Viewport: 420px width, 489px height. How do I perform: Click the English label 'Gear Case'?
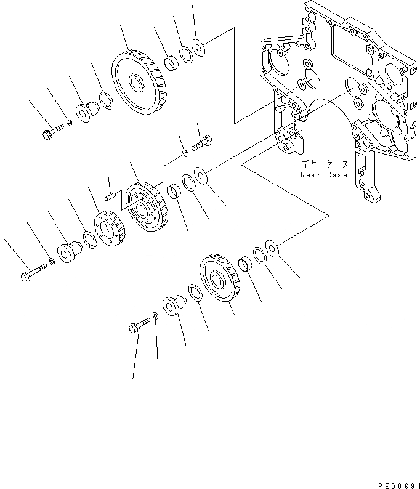pyautogui.click(x=324, y=174)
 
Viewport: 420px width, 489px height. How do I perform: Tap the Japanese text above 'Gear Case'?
pyautogui.click(x=325, y=164)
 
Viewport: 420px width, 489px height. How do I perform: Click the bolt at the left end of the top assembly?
pyautogui.click(x=52, y=132)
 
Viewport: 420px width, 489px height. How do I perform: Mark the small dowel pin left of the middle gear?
pyautogui.click(x=111, y=196)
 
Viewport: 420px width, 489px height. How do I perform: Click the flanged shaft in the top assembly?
pyautogui.click(x=86, y=113)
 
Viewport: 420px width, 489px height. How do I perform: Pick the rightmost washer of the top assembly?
pyautogui.click(x=198, y=46)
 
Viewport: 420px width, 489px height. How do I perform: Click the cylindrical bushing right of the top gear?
pyautogui.click(x=171, y=62)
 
